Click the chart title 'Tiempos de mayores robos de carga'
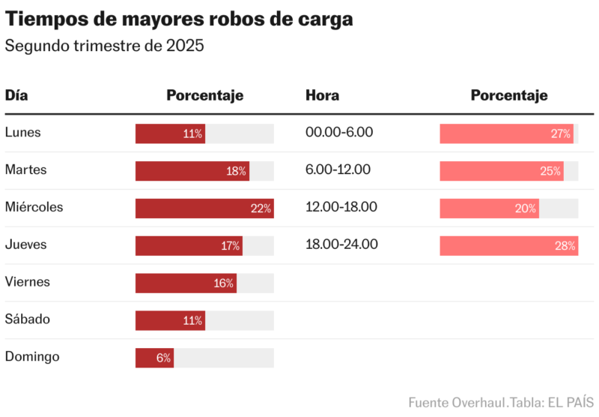tap(179, 19)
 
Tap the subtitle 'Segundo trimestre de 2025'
tap(105, 46)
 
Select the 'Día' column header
tap(16, 95)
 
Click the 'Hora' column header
tap(322, 95)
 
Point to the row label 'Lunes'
tap(23, 133)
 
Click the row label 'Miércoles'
tap(34, 207)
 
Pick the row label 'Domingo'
tap(32, 357)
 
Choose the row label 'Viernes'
tap(28, 282)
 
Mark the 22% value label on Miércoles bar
tap(261, 208)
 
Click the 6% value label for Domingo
tap(164, 358)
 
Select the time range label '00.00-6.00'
tap(339, 133)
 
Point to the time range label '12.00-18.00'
tap(341, 207)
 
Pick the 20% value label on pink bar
tap(526, 208)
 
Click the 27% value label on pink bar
tap(561, 133)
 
